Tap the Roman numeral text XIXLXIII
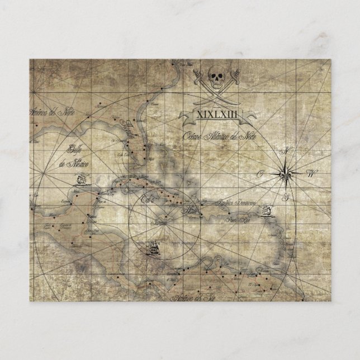pos(212,115)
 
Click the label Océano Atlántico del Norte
pos(215,136)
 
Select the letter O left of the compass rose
pos(260,174)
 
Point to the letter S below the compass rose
pos(285,196)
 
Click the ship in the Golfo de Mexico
pos(82,180)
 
